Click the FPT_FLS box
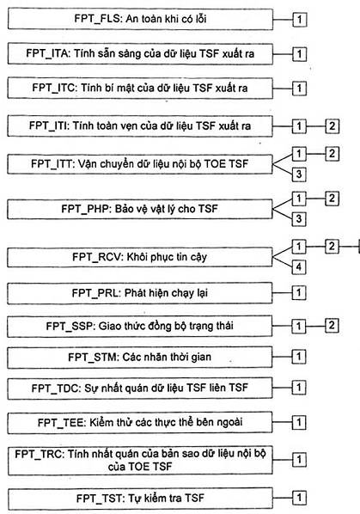click(x=140, y=20)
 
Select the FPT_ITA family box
click(x=140, y=53)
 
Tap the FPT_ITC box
click(x=140, y=88)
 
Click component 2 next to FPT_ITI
click(x=332, y=125)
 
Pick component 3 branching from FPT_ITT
click(x=299, y=174)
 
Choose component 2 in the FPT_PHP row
click(x=332, y=198)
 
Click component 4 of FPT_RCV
click(x=299, y=266)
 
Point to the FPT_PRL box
click(x=140, y=293)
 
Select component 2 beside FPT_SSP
click(x=332, y=325)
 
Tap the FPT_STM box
click(x=140, y=357)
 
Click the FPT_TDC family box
click(x=140, y=389)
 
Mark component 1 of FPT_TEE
click(x=299, y=422)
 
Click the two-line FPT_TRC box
click(x=140, y=460)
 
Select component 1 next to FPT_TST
click(x=299, y=498)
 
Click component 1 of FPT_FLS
click(x=299, y=20)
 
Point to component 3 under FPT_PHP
click(x=299, y=218)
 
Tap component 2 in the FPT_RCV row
click(x=332, y=246)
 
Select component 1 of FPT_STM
click(x=299, y=357)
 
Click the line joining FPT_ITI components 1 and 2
click(x=315, y=125)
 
